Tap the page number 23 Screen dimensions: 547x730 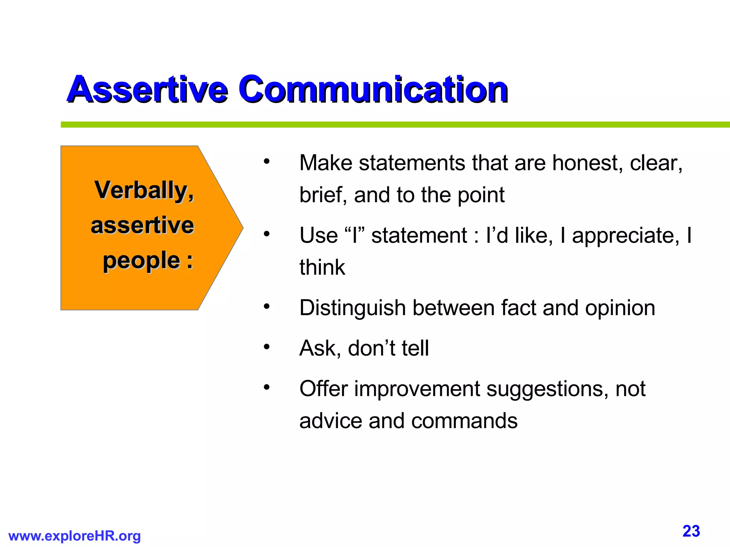tap(691, 531)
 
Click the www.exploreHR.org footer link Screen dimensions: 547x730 tap(74, 536)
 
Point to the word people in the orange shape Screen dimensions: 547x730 tap(142, 261)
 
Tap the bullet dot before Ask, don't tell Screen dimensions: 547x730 tap(267, 346)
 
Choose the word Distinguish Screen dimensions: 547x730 tap(353, 308)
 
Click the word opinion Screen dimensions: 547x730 tap(620, 308)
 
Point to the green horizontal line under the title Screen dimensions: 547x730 tap(392, 125)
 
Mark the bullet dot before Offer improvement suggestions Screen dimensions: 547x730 tap(267, 387)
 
